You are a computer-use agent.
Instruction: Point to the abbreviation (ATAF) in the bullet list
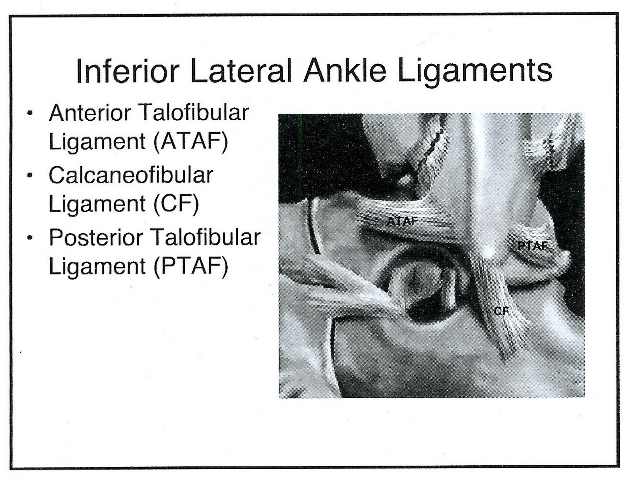[x=190, y=141]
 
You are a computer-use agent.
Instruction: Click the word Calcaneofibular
[x=131, y=175]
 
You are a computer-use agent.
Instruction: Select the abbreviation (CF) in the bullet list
[x=176, y=203]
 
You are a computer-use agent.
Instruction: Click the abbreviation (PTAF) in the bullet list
[x=190, y=266]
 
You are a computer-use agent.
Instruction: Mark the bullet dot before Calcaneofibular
[x=30, y=176]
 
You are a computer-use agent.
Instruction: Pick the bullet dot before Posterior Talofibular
[x=30, y=238]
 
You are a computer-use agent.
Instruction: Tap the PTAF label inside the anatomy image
[x=532, y=246]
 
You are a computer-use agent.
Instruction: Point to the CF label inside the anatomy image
[x=501, y=311]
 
